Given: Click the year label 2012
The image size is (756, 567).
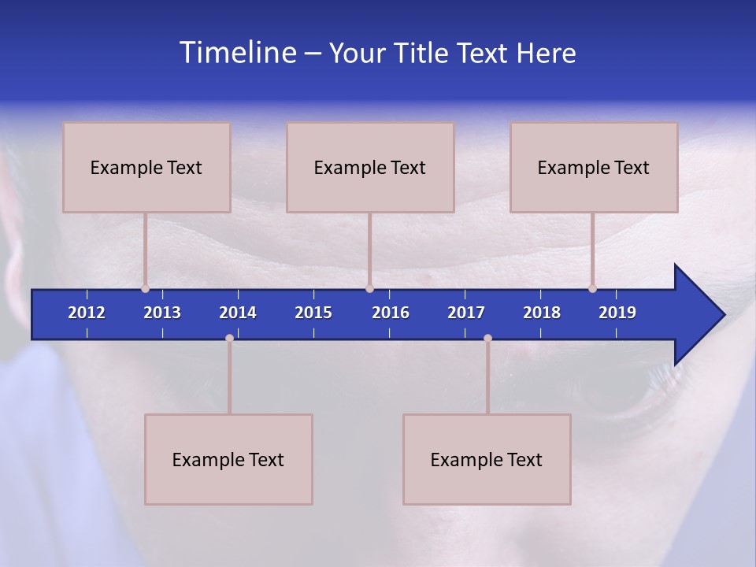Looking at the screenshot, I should tap(87, 313).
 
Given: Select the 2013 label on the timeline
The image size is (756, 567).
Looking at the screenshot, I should tap(162, 313).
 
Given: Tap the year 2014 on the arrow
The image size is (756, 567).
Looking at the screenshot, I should tap(238, 313).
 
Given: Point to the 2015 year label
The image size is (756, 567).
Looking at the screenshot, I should tap(313, 313).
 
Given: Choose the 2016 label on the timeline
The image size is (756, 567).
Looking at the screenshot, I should tap(391, 313).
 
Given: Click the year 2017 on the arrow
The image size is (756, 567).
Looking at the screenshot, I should tap(466, 313).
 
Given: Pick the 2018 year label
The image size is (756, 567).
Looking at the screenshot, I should tap(542, 313).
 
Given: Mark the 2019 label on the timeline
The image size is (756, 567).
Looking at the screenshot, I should tap(617, 313).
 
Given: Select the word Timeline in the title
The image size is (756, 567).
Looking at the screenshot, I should tap(238, 53).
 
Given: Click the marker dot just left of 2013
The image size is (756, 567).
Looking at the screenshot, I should tap(145, 288).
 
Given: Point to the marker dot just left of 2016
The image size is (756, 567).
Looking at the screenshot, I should tap(369, 288).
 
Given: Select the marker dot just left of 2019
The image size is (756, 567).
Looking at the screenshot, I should tap(592, 288).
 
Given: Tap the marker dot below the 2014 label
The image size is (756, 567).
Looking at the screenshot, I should tap(229, 338).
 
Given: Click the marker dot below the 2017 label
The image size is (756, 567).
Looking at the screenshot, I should tap(487, 338).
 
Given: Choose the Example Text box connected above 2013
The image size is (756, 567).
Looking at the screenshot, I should tap(146, 167).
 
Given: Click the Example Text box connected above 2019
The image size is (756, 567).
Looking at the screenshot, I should tap(594, 167).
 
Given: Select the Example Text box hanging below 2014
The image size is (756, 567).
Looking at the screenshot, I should tap(228, 459).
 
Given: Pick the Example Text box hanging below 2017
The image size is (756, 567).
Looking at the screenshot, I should tap(487, 459).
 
